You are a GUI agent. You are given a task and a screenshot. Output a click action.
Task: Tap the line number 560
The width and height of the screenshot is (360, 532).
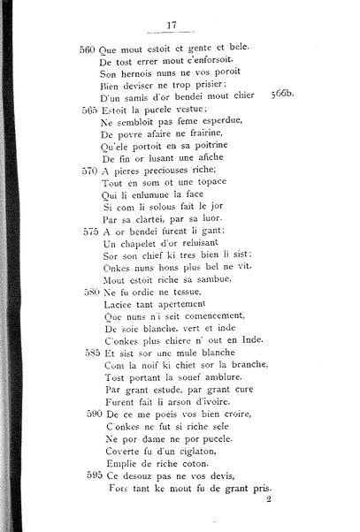(87, 49)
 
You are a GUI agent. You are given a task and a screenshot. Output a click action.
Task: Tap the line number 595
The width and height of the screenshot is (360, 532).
(87, 474)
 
